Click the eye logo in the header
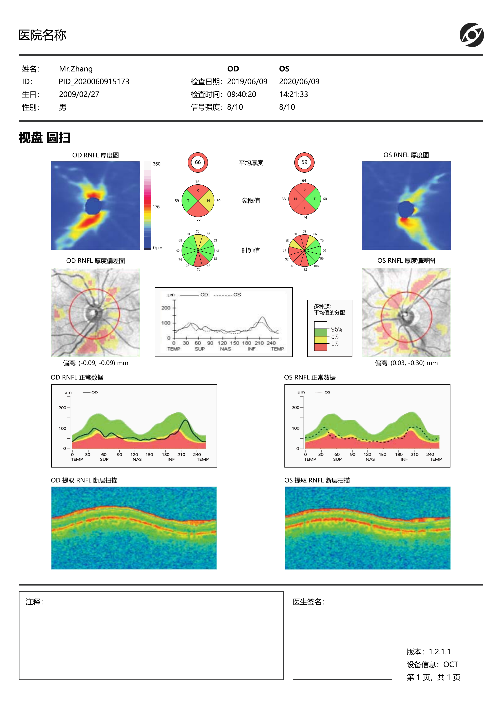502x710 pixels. pos(471,35)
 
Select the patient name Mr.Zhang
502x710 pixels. pos(76,69)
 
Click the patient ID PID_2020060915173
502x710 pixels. pos(94,82)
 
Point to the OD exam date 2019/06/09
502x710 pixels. pos(247,82)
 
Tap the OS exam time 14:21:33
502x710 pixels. pos(294,94)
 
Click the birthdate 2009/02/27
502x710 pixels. pos(79,94)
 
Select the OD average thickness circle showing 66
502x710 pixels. pos(198,162)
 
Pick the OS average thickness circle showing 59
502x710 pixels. pos(304,162)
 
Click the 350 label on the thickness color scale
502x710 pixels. pos(156,164)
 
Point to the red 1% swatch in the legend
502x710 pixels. pos(320,347)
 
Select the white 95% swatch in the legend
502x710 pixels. pos(320,325)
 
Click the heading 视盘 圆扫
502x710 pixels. pos(45,138)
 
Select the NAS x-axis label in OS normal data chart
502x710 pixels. pos(370,459)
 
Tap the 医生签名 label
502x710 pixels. pos(308,602)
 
